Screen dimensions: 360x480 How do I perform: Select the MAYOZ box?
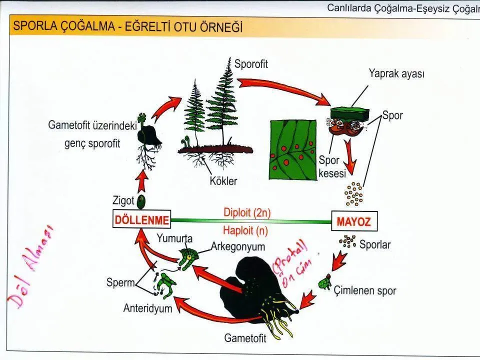pos(354,221)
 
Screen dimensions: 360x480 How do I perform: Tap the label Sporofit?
pos(251,64)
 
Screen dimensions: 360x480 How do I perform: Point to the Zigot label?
pos(123,201)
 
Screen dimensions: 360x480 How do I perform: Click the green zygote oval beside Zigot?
pos(141,202)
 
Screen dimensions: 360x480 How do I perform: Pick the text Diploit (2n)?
pos(246,212)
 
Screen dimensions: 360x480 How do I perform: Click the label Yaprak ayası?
pos(396,74)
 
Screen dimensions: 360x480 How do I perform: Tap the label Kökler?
pos(223,180)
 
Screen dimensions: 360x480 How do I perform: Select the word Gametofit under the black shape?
pos(245,338)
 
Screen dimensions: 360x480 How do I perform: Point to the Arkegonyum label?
pos(238,246)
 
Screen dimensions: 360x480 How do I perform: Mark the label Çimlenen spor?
pos(365,290)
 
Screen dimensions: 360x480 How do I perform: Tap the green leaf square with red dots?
pos(292,149)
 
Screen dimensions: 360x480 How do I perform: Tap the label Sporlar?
pos(375,245)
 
